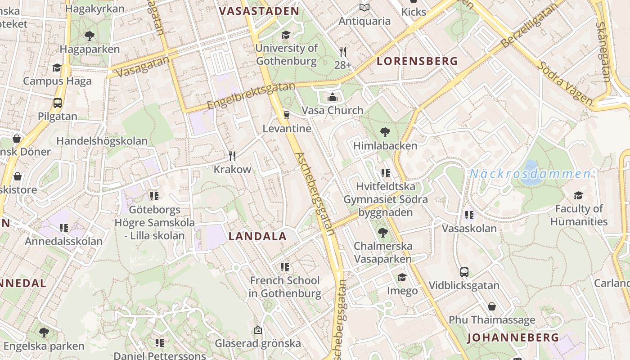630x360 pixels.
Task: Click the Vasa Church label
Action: (x=333, y=110)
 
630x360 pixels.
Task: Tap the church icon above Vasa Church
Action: (x=333, y=97)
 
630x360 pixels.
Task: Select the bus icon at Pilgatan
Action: (x=58, y=103)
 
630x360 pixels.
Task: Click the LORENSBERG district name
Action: (x=417, y=61)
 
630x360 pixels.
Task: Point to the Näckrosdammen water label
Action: (x=531, y=174)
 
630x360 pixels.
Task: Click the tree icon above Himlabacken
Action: (x=385, y=132)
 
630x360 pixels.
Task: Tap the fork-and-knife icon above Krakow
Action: (x=232, y=156)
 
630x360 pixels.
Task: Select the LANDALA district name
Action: (x=257, y=236)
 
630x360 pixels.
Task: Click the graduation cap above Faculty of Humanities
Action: (x=578, y=195)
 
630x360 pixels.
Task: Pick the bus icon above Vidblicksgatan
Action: (x=464, y=272)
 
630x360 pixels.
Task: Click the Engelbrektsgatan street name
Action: (x=251, y=95)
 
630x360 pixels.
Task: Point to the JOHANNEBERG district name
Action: (x=513, y=337)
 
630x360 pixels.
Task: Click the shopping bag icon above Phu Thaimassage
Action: (x=492, y=306)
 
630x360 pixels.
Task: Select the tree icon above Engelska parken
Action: (x=44, y=333)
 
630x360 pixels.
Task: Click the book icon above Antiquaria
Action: (x=364, y=8)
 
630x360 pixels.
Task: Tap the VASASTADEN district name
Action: (x=259, y=11)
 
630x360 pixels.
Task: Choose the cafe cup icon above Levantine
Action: (x=286, y=115)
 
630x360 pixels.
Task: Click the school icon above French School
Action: (x=284, y=267)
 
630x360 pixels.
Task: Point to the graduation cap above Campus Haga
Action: (x=57, y=67)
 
